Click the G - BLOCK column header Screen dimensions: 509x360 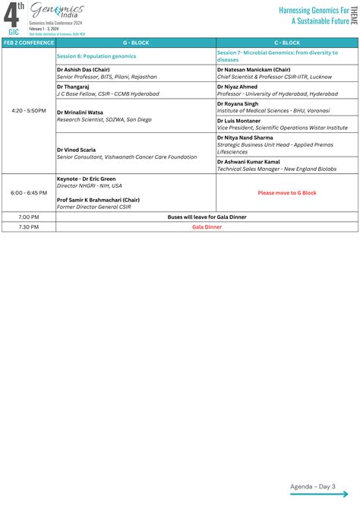135,43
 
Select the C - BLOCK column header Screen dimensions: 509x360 287,43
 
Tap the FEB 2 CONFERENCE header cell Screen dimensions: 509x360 28,43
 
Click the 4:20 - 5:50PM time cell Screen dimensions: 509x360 28,111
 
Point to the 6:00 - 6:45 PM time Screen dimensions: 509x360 28,193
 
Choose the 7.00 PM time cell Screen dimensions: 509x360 28,217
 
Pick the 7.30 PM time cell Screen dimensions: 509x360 28,226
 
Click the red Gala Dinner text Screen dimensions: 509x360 207,226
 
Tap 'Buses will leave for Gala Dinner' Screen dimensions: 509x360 207,217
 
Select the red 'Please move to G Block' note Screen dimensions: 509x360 287,193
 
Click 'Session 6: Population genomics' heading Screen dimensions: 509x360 96,56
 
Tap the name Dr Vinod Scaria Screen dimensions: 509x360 76,150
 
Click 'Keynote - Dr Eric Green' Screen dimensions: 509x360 89,179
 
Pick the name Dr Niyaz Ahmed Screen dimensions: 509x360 238,86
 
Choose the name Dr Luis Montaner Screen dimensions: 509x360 240,120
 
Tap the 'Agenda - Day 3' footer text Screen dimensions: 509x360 313,485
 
